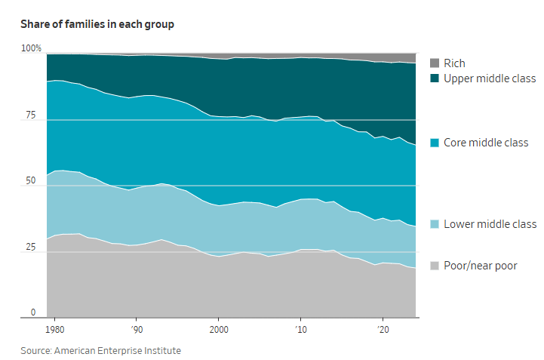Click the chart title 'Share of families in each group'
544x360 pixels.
pos(97,24)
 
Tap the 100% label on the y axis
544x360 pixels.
pos(31,49)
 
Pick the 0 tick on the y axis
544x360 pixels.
pos(32,312)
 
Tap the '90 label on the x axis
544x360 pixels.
pos(136,330)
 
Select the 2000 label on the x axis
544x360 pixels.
pos(219,330)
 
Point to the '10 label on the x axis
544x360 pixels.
pos(300,330)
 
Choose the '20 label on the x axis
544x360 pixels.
pos(383,330)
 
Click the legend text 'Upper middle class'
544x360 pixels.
pos(489,78)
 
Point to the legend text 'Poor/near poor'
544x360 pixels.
pos(480,266)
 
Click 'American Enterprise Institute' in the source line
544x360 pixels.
pos(119,350)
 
